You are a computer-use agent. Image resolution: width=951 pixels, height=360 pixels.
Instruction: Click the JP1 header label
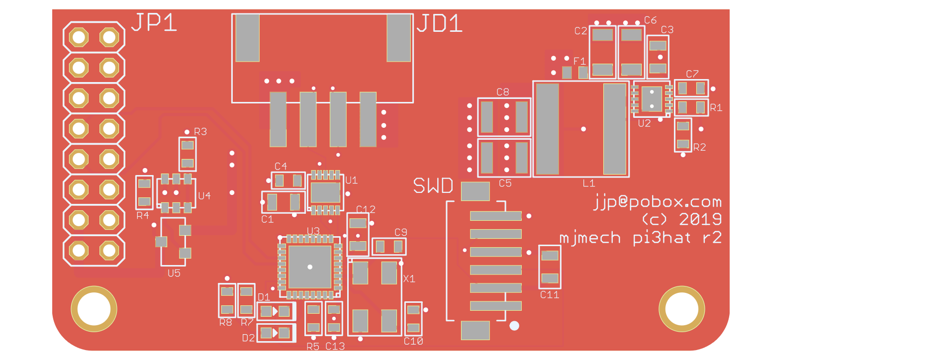pos(154,23)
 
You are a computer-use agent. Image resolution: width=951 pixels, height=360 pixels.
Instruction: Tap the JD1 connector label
pos(439,24)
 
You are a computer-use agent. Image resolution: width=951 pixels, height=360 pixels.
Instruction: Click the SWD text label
pos(433,186)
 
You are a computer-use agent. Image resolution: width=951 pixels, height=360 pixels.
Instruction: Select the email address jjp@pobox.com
pos(657,202)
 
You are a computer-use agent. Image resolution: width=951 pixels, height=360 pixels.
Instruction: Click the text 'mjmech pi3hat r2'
pos(640,238)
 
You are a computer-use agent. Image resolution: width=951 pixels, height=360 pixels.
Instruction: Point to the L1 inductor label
pos(588,183)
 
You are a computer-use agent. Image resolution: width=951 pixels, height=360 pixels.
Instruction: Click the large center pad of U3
pos(310,267)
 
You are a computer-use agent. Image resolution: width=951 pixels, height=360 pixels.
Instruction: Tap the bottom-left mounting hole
pos(94,309)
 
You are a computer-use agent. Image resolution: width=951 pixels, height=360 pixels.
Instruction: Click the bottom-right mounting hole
pos(681,309)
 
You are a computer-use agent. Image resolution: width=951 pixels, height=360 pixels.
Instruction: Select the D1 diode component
pos(276,312)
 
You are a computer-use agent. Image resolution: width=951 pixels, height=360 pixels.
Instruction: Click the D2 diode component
pos(276,333)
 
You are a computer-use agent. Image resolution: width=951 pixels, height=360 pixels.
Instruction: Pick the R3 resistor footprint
pos(188,154)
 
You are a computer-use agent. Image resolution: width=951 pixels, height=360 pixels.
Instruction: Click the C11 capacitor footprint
pos(550,267)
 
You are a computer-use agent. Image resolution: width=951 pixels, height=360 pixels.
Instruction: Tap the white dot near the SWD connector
pos(514,326)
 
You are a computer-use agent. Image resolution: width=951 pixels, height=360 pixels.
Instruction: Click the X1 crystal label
pos(409,279)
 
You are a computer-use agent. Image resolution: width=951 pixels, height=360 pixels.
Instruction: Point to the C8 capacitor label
pos(503,92)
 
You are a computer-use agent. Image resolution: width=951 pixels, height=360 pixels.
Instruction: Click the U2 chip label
pos(644,123)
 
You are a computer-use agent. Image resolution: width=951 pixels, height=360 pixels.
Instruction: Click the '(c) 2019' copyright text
pos(681,219)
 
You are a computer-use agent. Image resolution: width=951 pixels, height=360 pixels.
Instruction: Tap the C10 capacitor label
pos(413,342)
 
